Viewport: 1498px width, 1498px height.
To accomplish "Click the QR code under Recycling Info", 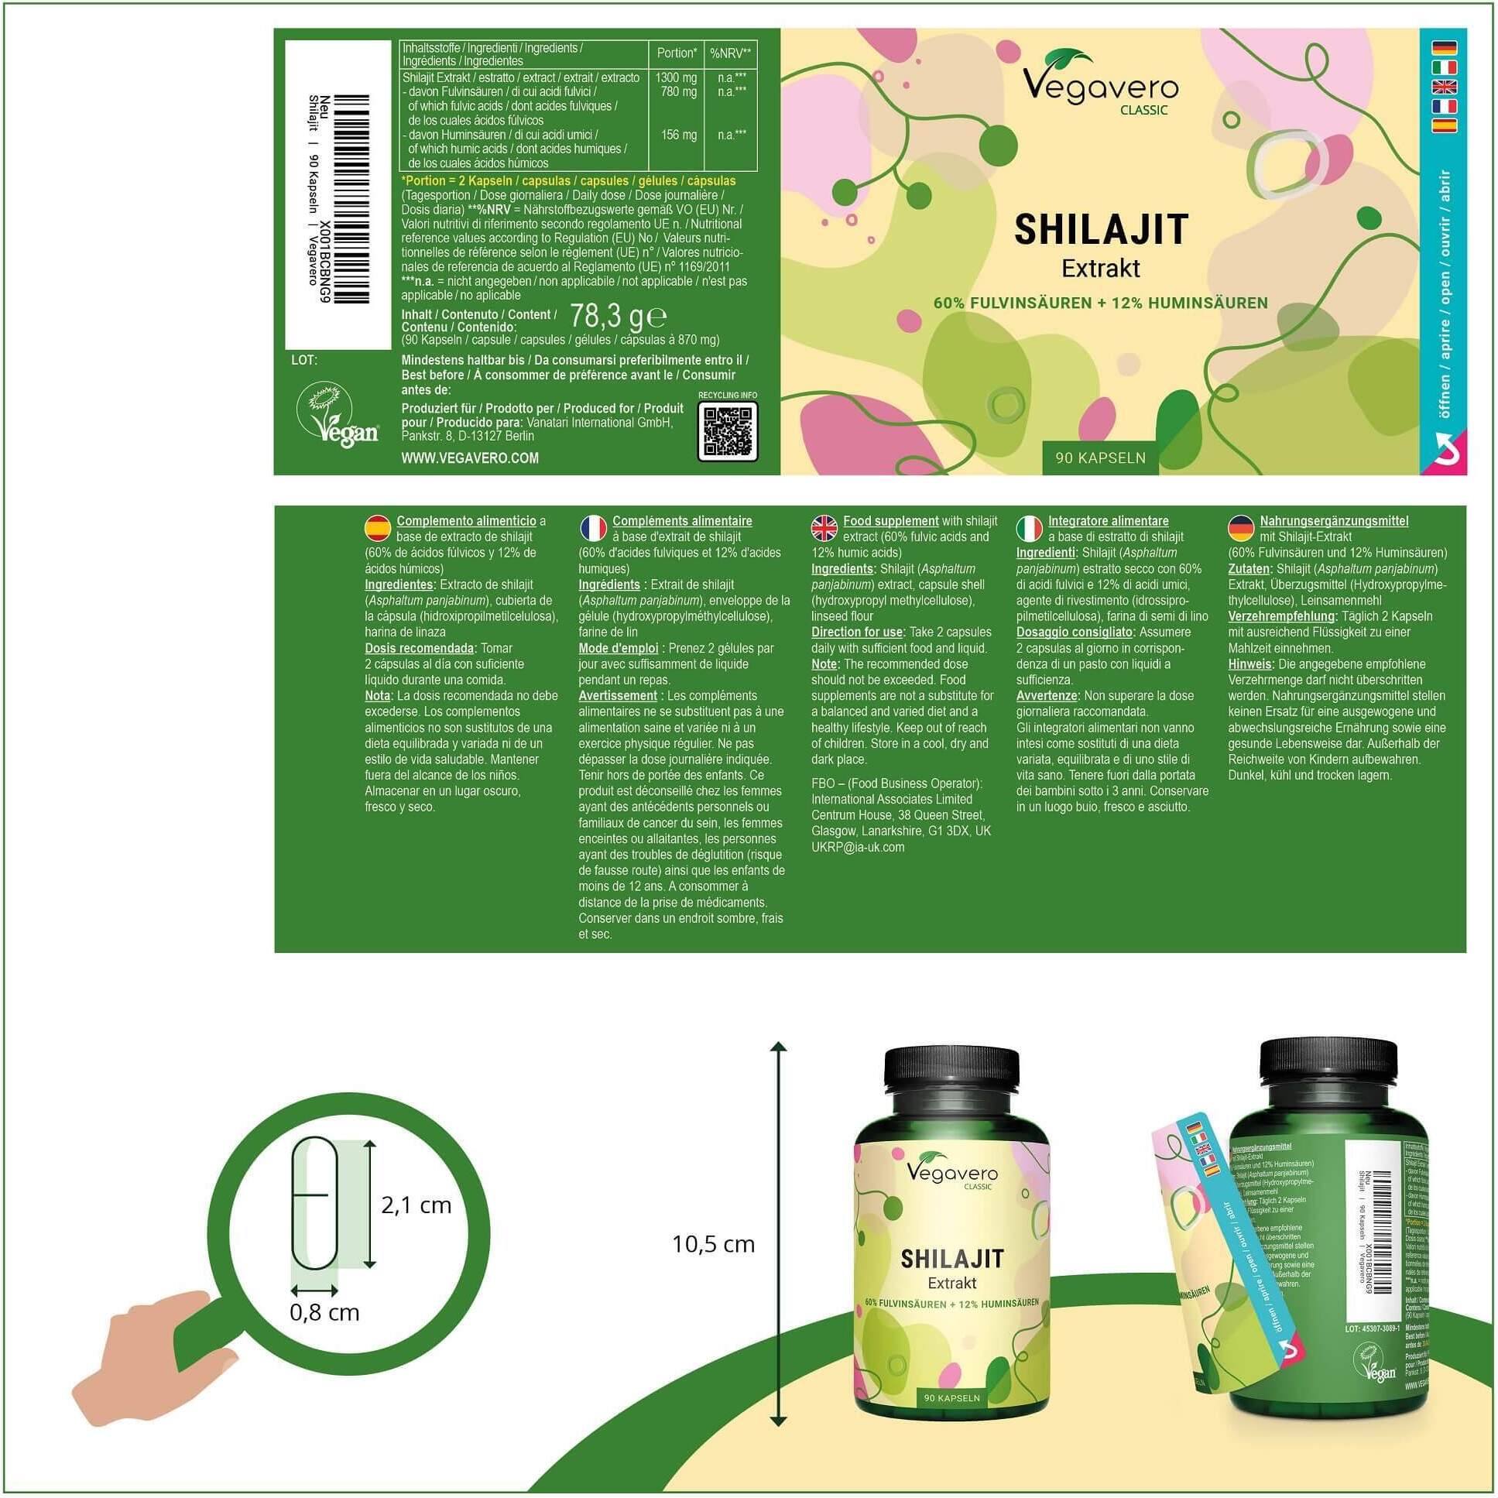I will (726, 432).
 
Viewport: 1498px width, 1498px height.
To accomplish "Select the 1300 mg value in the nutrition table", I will (676, 77).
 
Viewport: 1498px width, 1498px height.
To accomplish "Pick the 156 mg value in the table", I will (678, 135).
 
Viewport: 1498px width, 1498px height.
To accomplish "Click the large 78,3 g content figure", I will (617, 317).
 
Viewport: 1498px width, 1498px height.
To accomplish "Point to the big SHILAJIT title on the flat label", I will (1101, 229).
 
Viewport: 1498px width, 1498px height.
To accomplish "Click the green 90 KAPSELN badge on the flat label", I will (1100, 458).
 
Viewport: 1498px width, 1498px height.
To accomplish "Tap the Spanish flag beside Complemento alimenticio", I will (377, 528).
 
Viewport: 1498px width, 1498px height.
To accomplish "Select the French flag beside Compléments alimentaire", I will (593, 528).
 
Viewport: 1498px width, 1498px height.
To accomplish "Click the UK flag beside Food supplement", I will (824, 528).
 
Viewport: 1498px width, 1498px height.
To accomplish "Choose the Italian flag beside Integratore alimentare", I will (1029, 528).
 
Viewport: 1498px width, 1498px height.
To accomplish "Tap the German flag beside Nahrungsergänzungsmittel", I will (1241, 528).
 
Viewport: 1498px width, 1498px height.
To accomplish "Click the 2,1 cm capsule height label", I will (416, 1205).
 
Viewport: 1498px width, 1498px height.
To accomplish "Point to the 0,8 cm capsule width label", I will (324, 1312).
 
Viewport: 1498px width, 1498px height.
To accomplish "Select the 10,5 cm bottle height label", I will (713, 1244).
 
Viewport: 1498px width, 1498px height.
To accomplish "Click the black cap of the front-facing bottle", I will (951, 1078).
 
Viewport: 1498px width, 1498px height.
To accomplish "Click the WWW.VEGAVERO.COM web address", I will (470, 458).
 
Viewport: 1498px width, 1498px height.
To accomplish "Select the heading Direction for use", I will (857, 632).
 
